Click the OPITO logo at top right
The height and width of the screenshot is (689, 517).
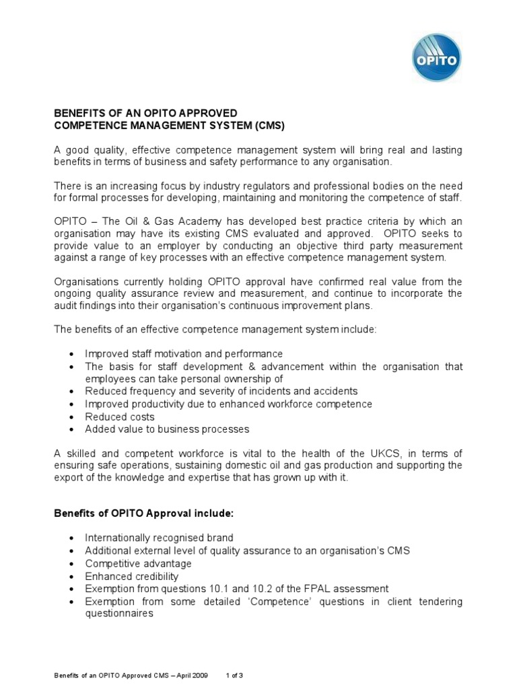[436, 58]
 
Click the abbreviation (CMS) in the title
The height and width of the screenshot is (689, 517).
[267, 125]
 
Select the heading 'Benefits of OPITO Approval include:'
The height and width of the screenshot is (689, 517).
[143, 513]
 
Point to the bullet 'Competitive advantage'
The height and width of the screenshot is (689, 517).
[138, 563]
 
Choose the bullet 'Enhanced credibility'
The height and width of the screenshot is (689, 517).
[131, 576]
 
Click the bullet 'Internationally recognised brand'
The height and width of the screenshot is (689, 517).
[159, 538]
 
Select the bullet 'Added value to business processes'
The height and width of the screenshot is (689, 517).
[167, 429]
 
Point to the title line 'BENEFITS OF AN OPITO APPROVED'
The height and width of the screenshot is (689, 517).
[145, 112]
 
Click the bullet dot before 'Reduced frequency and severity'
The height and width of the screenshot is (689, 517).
[73, 392]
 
